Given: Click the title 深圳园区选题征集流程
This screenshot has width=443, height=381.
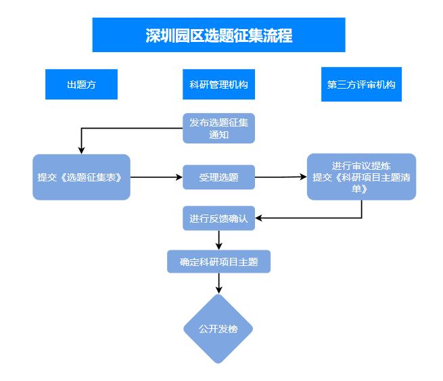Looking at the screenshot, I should [x=218, y=35].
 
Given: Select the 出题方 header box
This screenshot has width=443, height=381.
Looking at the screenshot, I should [x=81, y=85].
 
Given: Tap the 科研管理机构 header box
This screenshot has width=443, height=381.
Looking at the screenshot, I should [x=218, y=85].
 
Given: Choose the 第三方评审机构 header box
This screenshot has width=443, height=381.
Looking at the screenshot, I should [x=361, y=85].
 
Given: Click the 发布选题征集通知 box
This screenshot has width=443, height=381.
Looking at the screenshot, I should [x=218, y=128].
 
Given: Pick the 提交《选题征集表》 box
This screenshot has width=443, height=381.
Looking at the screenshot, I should [x=81, y=177].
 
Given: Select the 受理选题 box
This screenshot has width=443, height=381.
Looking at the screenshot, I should [x=218, y=177].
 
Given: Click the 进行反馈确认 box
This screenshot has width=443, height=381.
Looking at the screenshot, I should [x=218, y=219].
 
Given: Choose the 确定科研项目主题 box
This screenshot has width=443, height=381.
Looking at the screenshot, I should [x=218, y=261].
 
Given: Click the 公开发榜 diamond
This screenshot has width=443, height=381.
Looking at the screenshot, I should [x=218, y=330].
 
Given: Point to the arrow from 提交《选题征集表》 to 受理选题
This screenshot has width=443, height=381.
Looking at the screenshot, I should [x=156, y=177].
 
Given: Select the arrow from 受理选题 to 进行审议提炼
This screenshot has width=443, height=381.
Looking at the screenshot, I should [x=281, y=177].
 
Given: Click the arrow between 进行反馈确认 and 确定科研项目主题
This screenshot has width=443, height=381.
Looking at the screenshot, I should [x=218, y=240].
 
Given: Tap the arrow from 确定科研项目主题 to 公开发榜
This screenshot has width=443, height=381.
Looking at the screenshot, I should [x=218, y=283].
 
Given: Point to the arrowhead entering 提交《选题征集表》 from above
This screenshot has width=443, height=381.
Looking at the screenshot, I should [x=81, y=150].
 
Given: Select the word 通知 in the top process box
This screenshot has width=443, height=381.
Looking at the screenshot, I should [x=218, y=135].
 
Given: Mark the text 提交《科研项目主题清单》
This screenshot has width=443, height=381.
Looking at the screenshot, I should [x=361, y=183].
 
